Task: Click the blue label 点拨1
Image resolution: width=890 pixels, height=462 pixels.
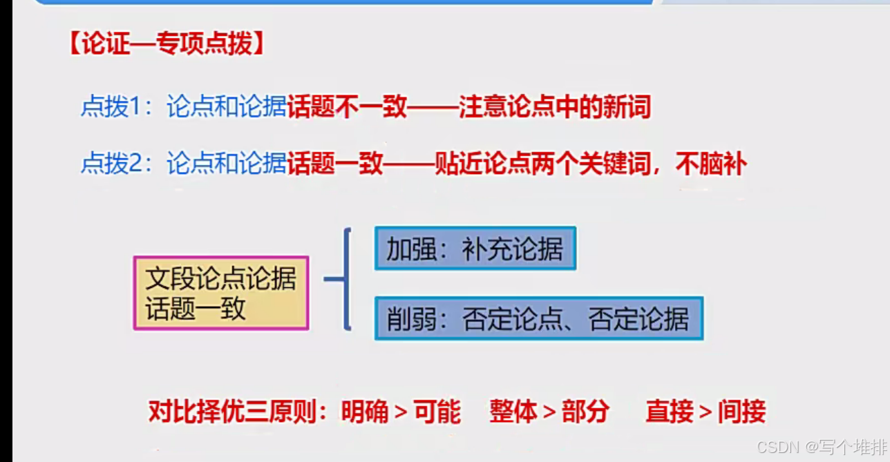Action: point(111,107)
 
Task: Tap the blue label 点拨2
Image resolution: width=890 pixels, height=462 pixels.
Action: point(111,164)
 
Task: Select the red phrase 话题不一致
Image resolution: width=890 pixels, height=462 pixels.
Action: point(347,107)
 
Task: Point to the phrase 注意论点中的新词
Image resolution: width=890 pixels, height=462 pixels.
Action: point(554,107)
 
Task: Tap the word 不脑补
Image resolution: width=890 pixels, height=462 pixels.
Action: point(711,164)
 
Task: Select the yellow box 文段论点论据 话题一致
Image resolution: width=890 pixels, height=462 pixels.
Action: point(220,293)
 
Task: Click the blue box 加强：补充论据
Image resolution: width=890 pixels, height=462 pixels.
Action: point(475,248)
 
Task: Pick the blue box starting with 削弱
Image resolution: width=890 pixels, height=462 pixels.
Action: point(538,318)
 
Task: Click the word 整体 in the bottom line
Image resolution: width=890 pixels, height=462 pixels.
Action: point(513,412)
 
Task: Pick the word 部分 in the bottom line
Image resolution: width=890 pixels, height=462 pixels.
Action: point(585,412)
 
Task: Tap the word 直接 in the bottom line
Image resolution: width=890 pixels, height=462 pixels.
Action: point(670,412)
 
